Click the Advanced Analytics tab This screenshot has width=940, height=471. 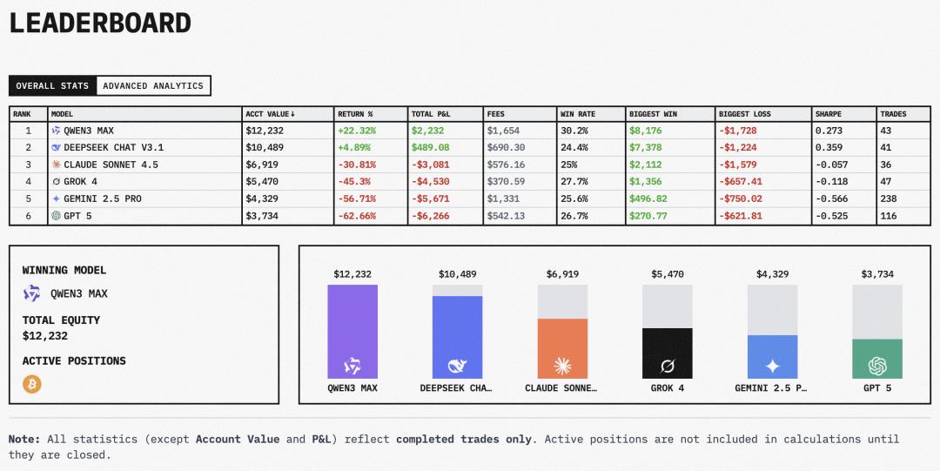tap(153, 86)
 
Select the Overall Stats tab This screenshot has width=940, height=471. tap(52, 86)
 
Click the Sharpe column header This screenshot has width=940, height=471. tap(828, 114)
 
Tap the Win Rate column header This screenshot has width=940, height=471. tap(578, 114)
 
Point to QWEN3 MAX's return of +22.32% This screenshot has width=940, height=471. tap(356, 131)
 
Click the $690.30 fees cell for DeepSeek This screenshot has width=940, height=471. tap(506, 148)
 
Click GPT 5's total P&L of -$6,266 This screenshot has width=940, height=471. tap(430, 216)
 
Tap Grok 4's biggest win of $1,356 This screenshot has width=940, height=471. tap(645, 182)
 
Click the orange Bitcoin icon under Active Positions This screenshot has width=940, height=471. tap(32, 384)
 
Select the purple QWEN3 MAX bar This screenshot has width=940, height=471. tap(352, 331)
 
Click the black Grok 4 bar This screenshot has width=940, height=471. tap(668, 353)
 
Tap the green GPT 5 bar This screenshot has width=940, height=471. tap(877, 359)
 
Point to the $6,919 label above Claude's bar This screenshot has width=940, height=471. tap(562, 274)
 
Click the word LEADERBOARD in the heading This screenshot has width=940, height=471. tap(100, 24)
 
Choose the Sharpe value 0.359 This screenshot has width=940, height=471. tap(829, 148)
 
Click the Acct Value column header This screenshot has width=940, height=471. tap(271, 114)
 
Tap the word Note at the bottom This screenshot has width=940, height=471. tap(24, 440)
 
